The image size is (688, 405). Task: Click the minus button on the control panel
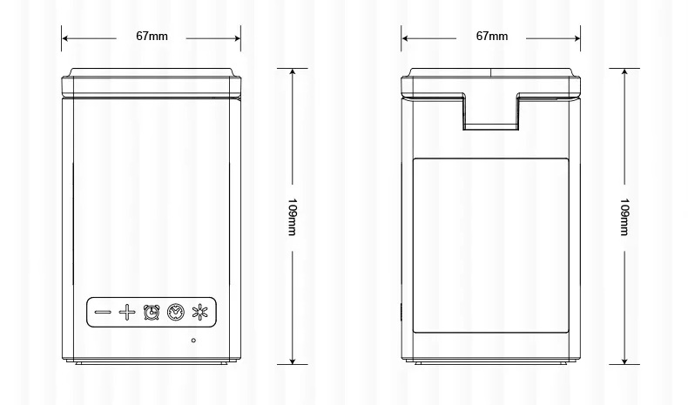[x=103, y=311]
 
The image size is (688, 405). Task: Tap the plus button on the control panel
[x=127, y=311]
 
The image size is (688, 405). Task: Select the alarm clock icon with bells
[x=152, y=311]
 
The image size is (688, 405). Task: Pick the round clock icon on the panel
[x=176, y=311]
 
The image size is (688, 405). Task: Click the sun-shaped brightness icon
[x=200, y=311]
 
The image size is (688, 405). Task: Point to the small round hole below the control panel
[x=193, y=341]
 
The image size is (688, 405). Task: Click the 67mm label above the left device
[x=152, y=37]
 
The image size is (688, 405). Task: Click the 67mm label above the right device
[x=491, y=37]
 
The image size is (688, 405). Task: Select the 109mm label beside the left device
[x=293, y=217]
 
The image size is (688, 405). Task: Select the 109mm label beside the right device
[x=624, y=217]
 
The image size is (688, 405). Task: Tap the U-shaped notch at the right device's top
[x=491, y=113]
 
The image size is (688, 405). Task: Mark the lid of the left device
[x=152, y=82]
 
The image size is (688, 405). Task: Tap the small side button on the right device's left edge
[x=402, y=312]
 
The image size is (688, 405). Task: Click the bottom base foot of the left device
[x=152, y=360]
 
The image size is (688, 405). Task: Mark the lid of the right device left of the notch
[x=431, y=84]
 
